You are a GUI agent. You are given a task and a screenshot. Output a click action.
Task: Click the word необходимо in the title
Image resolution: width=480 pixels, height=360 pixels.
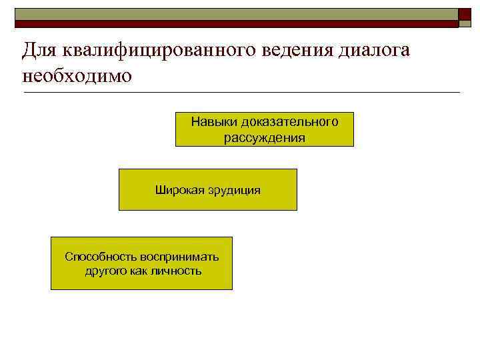(77, 75)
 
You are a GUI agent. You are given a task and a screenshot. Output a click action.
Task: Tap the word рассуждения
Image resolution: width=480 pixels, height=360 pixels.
(265, 138)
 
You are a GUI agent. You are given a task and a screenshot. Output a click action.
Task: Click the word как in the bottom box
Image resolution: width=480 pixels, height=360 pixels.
(140, 271)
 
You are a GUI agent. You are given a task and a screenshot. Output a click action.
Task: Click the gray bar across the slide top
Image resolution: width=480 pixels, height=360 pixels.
(233, 17)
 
